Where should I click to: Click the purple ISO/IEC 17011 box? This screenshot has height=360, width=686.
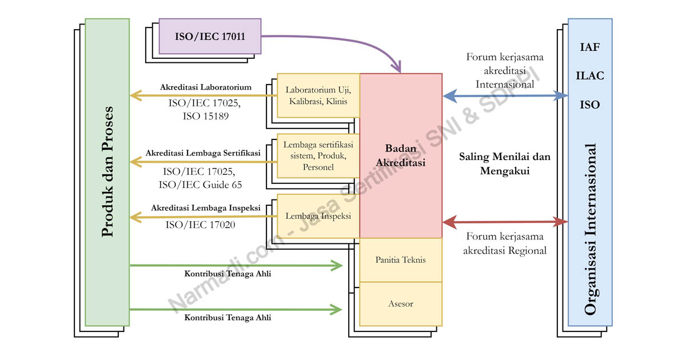[210, 37]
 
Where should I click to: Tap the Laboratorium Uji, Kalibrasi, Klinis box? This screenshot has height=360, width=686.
[318, 95]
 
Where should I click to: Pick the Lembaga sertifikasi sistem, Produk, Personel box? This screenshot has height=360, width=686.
[318, 155]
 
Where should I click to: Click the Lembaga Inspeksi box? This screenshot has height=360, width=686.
[318, 216]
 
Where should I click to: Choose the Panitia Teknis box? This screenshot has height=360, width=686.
[400, 260]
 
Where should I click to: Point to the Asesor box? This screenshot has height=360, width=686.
[400, 303]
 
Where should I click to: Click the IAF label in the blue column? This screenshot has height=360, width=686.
[589, 47]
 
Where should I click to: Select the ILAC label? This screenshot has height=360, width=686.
[589, 76]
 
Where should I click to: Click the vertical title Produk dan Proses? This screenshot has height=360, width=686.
[107, 171]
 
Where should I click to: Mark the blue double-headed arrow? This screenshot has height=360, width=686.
[505, 96]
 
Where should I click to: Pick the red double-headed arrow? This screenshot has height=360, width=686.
[505, 222]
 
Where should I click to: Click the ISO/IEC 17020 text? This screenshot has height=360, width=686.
[200, 225]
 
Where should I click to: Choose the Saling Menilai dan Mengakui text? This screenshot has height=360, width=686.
[505, 163]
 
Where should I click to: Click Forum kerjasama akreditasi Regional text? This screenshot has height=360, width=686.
[505, 243]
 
